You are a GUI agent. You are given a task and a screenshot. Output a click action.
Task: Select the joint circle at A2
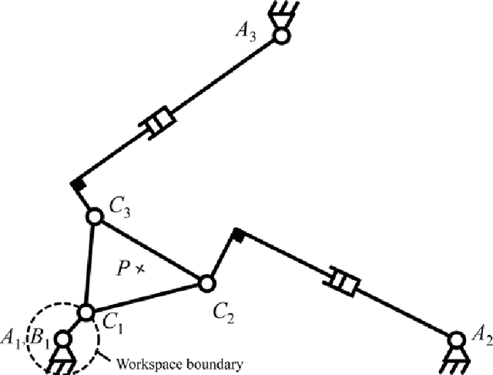tap(456, 337)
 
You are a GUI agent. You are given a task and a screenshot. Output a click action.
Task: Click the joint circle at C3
tap(94, 218)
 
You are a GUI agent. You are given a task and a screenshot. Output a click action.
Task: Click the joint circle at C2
tap(206, 282)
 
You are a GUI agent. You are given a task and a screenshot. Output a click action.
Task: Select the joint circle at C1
tap(86, 312)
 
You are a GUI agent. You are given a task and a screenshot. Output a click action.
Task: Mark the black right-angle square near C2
tap(238, 233)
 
